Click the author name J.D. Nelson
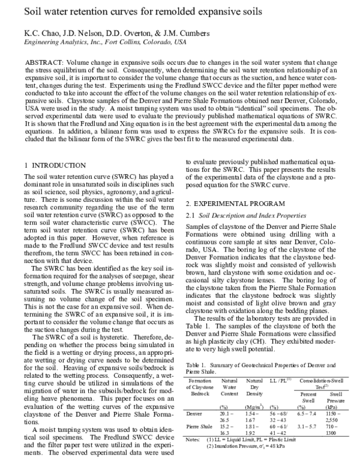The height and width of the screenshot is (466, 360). click(75, 33)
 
